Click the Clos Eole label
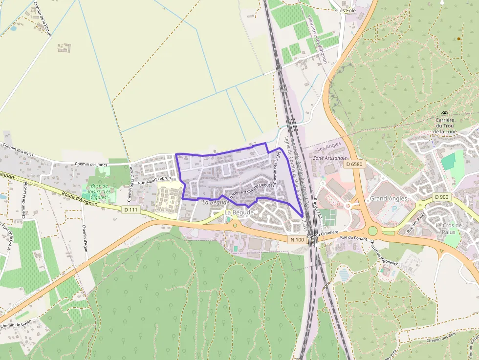pos(346,10)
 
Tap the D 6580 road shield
pos(353,165)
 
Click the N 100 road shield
pos(297,239)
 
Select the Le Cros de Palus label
pos(449,229)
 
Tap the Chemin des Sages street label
pos(276,168)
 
